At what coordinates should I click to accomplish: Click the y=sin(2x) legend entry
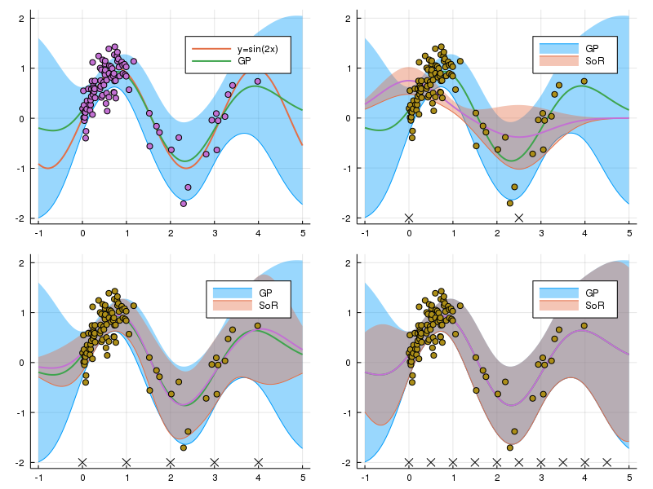click(245, 49)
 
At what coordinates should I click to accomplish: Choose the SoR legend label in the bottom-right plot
click(593, 306)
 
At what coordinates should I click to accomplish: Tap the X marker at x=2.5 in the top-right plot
click(519, 218)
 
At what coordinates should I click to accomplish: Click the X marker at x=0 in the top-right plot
click(409, 218)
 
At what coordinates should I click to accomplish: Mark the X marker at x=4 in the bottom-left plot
click(258, 462)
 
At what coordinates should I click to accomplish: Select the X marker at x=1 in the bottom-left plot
click(127, 462)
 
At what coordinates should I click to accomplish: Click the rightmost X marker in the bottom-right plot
click(606, 462)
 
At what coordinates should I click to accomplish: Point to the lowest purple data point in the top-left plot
click(184, 203)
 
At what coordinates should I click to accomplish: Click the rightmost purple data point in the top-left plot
click(258, 81)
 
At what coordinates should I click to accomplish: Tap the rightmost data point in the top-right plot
click(584, 81)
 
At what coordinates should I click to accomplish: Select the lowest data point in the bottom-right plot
click(510, 447)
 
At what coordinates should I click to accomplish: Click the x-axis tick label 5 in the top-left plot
click(302, 232)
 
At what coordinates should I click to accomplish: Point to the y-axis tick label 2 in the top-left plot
click(22, 18)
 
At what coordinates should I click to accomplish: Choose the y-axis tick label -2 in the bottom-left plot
click(20, 463)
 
